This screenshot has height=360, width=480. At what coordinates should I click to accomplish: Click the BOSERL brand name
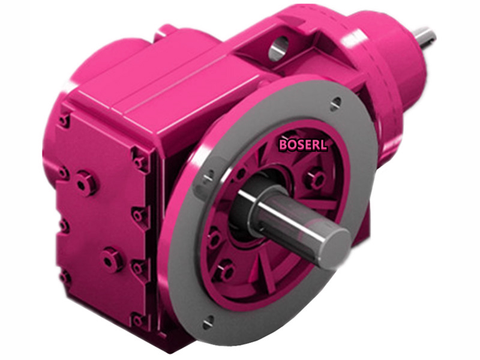(x=303, y=145)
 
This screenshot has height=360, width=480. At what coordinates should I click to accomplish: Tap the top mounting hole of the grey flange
(x=336, y=101)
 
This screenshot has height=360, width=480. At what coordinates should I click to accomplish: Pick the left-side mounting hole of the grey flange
(x=209, y=176)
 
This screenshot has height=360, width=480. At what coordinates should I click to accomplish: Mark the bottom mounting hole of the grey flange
(x=208, y=323)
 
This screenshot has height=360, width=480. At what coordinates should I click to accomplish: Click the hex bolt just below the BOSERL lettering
(x=314, y=178)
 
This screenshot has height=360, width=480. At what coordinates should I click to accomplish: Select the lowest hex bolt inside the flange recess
(x=226, y=272)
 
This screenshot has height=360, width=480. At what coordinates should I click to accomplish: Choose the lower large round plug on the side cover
(x=111, y=259)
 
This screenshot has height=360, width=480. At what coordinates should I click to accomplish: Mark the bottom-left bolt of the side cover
(x=65, y=278)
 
